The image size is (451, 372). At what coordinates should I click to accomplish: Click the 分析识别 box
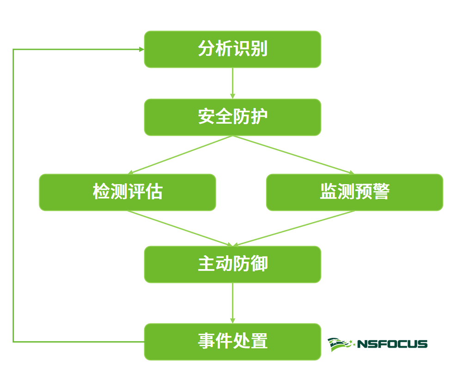click(x=232, y=49)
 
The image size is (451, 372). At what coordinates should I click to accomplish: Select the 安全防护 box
click(x=232, y=117)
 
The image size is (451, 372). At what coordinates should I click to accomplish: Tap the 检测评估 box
click(x=128, y=192)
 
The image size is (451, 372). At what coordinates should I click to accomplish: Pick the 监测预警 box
click(x=354, y=192)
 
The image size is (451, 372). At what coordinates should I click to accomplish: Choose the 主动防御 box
click(x=232, y=264)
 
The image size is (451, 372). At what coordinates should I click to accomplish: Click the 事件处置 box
click(x=232, y=342)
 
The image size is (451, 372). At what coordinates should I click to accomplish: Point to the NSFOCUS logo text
click(x=392, y=344)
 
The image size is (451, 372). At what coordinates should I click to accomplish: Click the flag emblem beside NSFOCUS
click(x=341, y=344)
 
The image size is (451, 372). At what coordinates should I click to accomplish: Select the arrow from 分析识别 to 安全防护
click(x=232, y=83)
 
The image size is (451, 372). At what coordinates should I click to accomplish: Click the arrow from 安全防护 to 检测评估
click(x=180, y=155)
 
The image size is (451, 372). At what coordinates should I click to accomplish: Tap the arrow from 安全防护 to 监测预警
click(x=293, y=155)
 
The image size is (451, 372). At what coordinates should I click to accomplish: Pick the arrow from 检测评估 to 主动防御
click(x=180, y=228)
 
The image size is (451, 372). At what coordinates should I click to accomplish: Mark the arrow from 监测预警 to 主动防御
click(x=293, y=228)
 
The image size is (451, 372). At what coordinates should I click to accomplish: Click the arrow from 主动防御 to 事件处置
click(x=232, y=303)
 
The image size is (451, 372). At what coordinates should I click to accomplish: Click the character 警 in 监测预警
click(x=381, y=192)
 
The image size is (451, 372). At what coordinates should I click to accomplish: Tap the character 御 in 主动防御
click(x=259, y=264)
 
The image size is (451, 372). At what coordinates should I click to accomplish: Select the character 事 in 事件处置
click(x=206, y=342)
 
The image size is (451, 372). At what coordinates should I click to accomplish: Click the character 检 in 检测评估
click(x=101, y=192)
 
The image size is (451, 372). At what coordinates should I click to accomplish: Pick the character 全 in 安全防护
click(x=224, y=117)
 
